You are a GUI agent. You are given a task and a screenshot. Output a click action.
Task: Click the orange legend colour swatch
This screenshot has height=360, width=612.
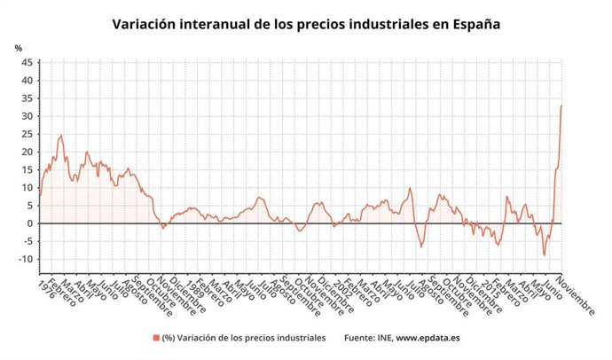[x=155, y=338]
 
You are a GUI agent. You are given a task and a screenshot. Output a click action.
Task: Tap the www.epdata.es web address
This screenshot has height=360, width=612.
[x=428, y=338]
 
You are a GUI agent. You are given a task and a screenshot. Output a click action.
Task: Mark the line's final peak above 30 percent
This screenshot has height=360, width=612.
[x=561, y=106]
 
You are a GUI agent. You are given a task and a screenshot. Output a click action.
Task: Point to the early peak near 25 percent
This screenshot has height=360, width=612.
[x=61, y=135]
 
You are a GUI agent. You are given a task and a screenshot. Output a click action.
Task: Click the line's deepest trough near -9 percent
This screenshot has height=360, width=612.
[x=545, y=255]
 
